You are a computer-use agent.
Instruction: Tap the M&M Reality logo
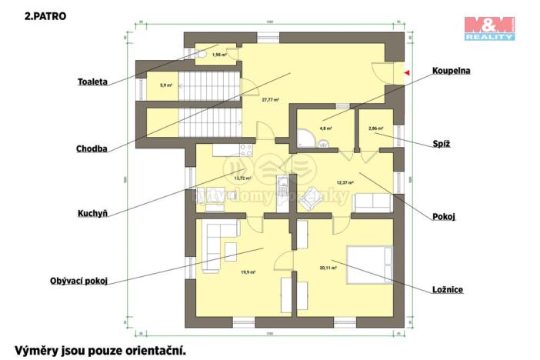pyautogui.click(x=488, y=27)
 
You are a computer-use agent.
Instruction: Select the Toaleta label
pyautogui.click(x=92, y=81)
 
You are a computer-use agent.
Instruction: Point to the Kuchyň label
pyautogui.click(x=92, y=213)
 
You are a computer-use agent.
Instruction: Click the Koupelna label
pyautogui.click(x=450, y=70)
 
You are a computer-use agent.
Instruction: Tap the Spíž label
pyautogui.click(x=441, y=143)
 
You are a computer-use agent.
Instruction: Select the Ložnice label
pyautogui.click(x=447, y=290)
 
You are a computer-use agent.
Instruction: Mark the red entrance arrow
pyautogui.click(x=407, y=73)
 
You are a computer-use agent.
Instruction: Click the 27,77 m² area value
pyautogui.click(x=269, y=99)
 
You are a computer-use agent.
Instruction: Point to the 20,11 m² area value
pyautogui.click(x=328, y=268)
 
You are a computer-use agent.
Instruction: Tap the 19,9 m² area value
pyautogui.click(x=247, y=272)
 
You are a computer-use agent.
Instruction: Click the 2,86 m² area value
pyautogui.click(x=375, y=128)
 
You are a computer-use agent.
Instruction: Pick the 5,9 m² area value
pyautogui.click(x=165, y=85)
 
